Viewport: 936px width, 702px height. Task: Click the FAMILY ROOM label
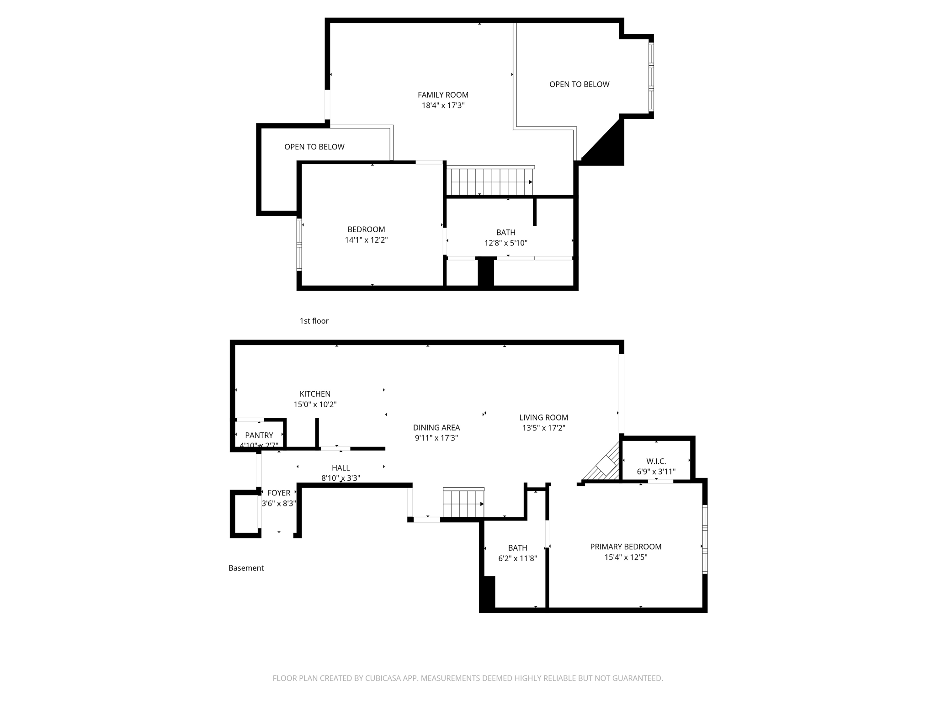(443, 95)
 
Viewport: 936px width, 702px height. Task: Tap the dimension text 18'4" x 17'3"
(443, 106)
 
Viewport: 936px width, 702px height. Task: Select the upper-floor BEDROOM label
(366, 229)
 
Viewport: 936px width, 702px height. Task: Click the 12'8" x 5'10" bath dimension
(505, 243)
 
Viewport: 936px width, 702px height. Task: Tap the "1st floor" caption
(314, 321)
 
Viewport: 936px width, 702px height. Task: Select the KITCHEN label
(315, 394)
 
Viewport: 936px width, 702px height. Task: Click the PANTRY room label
(259, 435)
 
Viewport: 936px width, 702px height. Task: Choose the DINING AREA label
(436, 428)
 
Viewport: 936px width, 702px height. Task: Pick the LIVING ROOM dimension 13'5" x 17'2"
(543, 428)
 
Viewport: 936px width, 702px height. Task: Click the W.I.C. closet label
(656, 462)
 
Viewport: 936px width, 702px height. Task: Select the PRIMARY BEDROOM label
(626, 547)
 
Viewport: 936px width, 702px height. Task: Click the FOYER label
(279, 493)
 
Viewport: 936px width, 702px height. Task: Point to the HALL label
(341, 468)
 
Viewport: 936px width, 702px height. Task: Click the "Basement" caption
(246, 568)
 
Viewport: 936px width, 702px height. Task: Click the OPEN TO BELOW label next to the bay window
(579, 85)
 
